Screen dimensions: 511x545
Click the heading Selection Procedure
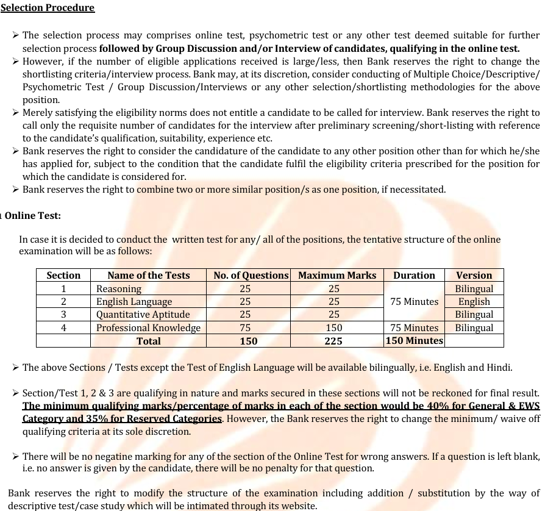48,8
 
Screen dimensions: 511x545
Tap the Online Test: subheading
33,216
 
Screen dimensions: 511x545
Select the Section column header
63,275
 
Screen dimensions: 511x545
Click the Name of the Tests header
148,275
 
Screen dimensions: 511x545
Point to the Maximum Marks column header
337,275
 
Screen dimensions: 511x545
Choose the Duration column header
414,275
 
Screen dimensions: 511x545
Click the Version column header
474,275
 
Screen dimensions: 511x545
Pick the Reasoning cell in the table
119,288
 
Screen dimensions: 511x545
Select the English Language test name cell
134,302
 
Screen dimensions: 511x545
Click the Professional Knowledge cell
148,328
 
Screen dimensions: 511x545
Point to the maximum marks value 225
333,341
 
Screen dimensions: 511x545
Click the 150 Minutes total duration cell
414,340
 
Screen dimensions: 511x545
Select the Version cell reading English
474,302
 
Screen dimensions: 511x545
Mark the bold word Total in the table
149,341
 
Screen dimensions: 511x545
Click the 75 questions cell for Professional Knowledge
245,328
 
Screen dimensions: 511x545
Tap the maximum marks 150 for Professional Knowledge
333,328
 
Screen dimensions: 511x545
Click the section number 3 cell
63,315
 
